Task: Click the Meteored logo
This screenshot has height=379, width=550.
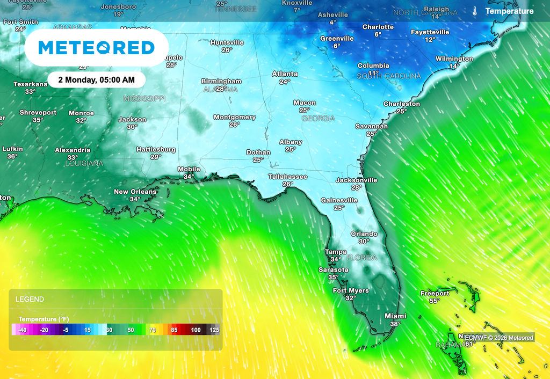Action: coord(97,48)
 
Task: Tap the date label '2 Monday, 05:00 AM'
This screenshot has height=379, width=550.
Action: coord(97,79)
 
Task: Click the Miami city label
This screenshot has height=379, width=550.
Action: coord(395,316)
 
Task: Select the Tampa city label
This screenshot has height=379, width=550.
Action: coord(336,252)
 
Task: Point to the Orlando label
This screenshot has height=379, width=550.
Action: coord(364,234)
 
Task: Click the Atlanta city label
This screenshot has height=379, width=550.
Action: coord(285,74)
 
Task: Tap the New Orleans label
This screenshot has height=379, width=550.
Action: coord(135,192)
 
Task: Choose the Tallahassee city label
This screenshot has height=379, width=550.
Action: coord(288,177)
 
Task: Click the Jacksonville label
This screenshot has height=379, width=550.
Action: coord(357,180)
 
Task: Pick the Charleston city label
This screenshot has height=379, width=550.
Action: coord(402,104)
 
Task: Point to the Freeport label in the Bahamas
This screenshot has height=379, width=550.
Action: coord(435,294)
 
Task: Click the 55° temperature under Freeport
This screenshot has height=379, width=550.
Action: coord(435,301)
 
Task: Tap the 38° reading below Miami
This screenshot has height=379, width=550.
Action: coord(395,324)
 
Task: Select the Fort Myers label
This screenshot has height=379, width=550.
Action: coord(351,290)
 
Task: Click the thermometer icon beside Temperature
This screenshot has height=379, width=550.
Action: coord(475,11)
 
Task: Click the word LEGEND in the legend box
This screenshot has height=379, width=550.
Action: coord(30,299)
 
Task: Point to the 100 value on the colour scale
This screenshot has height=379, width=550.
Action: coord(196,330)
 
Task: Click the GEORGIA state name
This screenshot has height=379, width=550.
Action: coord(318,118)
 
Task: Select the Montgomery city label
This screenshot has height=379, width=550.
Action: coord(235,117)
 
